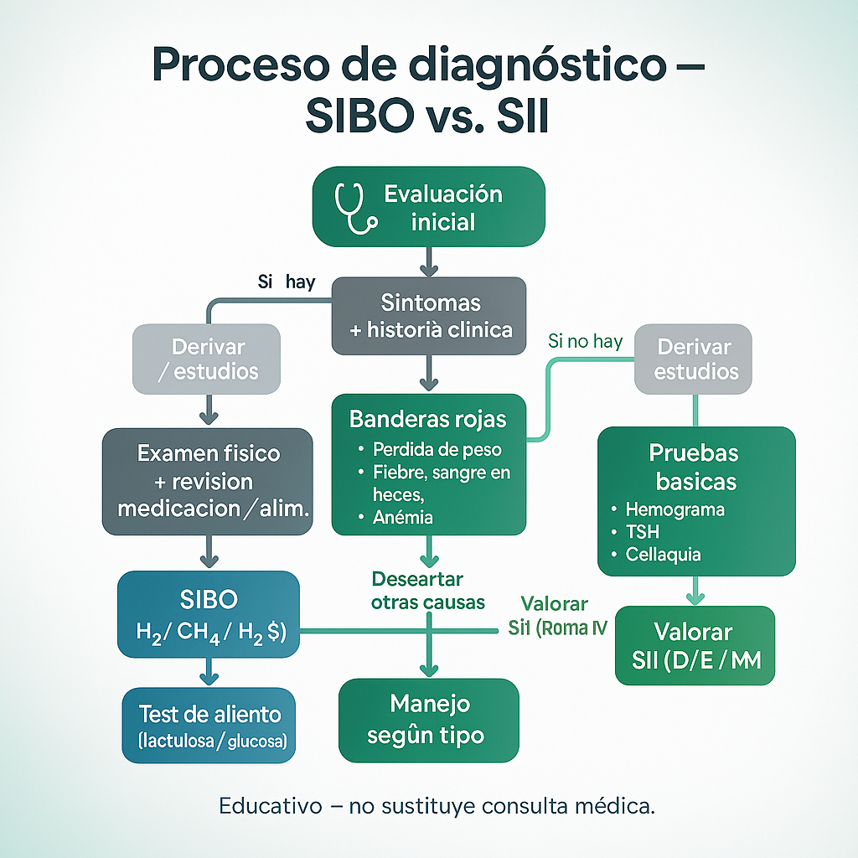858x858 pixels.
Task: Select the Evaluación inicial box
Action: click(x=428, y=207)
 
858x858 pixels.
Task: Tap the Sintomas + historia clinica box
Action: click(x=429, y=315)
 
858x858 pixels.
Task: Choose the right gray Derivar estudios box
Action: click(x=693, y=358)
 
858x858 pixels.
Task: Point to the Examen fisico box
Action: click(x=208, y=482)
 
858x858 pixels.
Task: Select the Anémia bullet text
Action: click(x=403, y=518)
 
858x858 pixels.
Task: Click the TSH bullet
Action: click(x=643, y=532)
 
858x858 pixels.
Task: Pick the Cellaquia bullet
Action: click(x=664, y=555)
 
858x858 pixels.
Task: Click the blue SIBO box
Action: click(x=209, y=614)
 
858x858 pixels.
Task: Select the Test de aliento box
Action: click(x=209, y=726)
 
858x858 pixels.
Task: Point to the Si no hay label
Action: click(x=585, y=341)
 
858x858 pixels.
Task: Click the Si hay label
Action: click(x=287, y=282)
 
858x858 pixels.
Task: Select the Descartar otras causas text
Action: click(x=417, y=591)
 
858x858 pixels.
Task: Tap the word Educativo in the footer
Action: click(x=270, y=807)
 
